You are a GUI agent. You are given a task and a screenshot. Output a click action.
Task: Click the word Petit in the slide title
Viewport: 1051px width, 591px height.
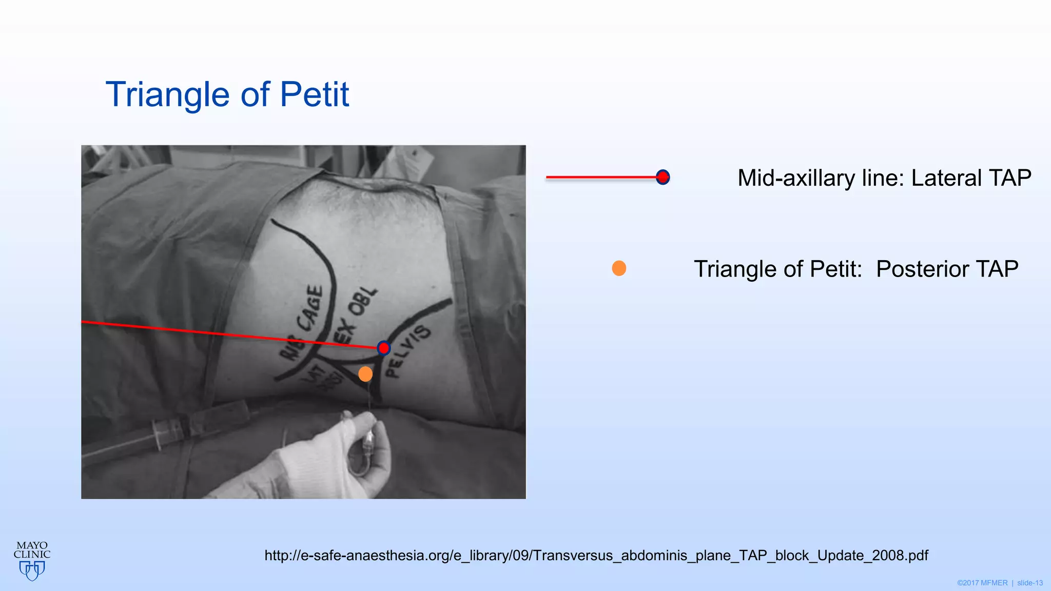(x=314, y=95)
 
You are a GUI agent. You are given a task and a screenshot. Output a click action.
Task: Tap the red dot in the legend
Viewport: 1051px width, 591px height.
(x=663, y=177)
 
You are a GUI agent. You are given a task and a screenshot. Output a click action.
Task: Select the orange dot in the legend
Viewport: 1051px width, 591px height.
(x=619, y=268)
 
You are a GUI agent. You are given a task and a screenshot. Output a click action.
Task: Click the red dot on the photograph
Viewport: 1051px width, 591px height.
(x=383, y=348)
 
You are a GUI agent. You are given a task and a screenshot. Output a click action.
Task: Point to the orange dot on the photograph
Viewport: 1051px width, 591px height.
(x=365, y=374)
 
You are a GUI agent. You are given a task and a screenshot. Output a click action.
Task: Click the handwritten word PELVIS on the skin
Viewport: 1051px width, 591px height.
(x=407, y=351)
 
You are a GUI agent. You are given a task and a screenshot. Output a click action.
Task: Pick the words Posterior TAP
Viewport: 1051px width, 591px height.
(x=947, y=269)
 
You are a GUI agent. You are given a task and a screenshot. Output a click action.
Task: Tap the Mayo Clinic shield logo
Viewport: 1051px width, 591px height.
(x=32, y=570)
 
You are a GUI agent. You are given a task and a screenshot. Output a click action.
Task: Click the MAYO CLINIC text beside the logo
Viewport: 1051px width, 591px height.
(x=32, y=550)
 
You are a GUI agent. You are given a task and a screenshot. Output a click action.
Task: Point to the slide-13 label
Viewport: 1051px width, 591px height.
(x=1030, y=583)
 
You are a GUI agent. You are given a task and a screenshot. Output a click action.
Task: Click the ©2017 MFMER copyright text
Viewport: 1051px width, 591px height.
(x=982, y=583)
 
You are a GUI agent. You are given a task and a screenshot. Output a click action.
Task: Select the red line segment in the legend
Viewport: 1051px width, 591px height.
(x=600, y=178)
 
